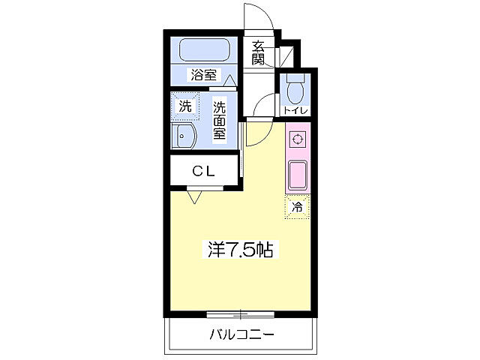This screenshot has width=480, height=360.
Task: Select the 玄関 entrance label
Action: pos(258,53)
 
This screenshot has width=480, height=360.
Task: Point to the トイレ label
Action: pos(295,111)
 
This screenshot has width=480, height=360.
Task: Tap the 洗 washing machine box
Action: pos(184,106)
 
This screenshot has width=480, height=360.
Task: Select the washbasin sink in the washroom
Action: pos(184,136)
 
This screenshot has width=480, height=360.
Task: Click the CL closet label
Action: pos(203,170)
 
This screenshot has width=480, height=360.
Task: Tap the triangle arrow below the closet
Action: pos(194,197)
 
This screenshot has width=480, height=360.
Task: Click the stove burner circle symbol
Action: pos(298,139)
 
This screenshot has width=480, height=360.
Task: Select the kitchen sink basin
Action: pos(298,175)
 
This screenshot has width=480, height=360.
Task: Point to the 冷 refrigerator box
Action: pos(297,207)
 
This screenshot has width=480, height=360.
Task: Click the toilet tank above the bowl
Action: pos(295,79)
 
